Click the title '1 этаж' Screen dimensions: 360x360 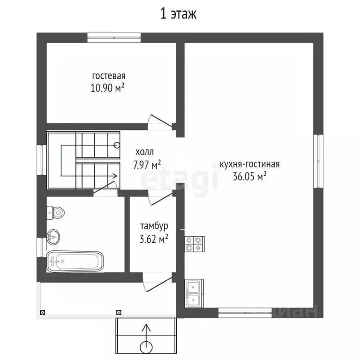(179, 14)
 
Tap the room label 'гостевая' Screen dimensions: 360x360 (109, 76)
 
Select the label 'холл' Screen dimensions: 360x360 (144, 152)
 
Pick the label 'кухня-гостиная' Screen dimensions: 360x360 (249, 164)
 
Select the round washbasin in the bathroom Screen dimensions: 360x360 (54, 237)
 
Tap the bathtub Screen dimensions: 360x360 (75, 261)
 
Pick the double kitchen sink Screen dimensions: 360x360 (194, 293)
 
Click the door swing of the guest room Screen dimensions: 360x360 (158, 121)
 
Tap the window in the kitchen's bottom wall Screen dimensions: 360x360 (245, 310)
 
